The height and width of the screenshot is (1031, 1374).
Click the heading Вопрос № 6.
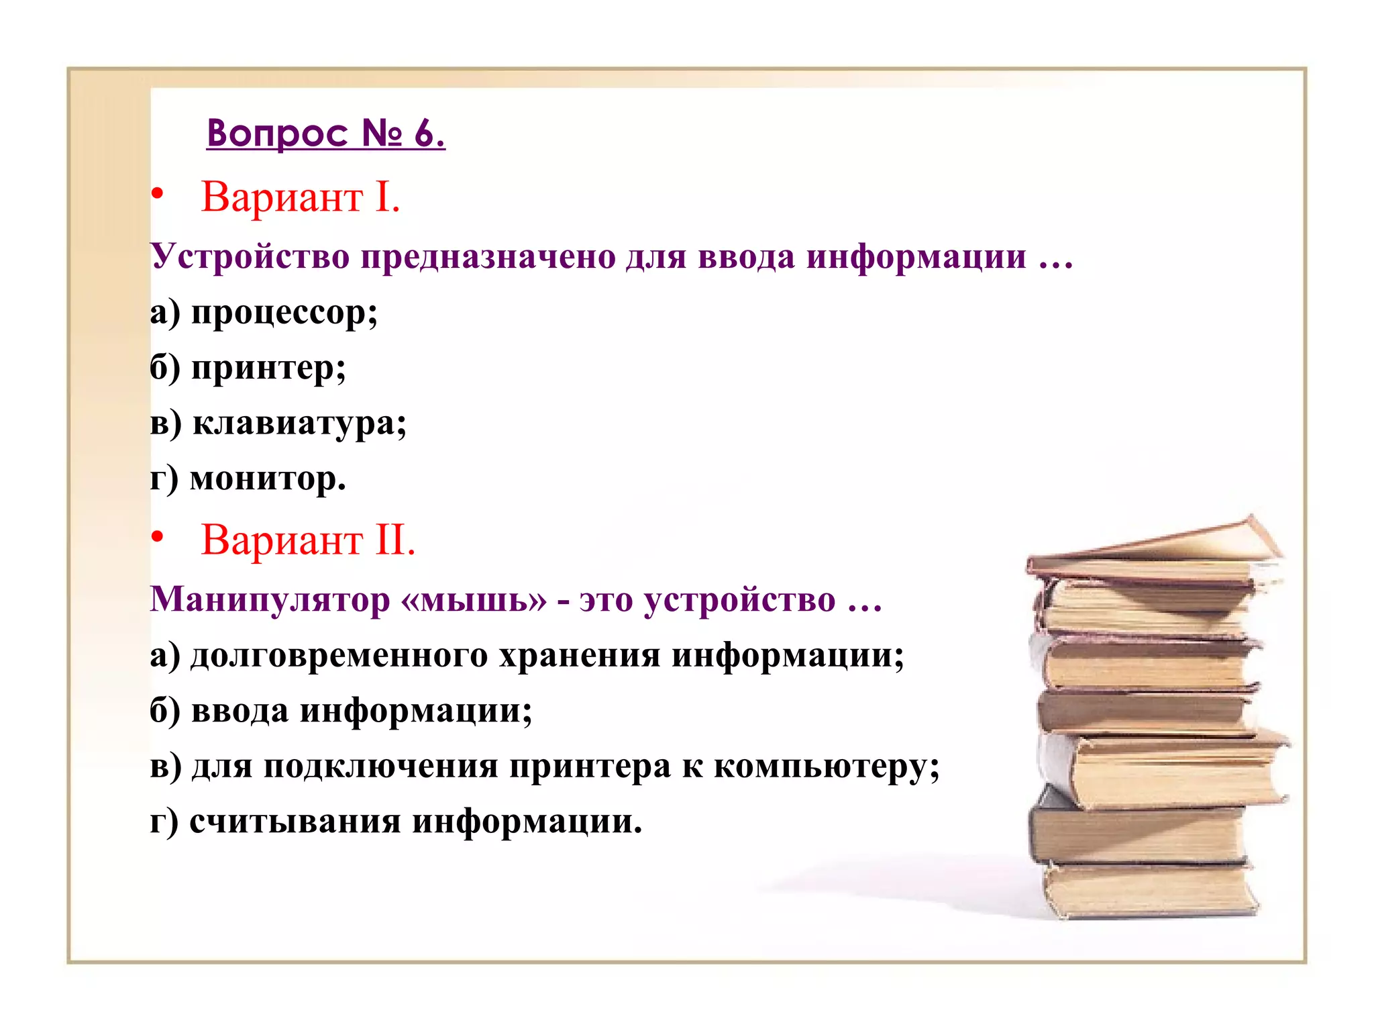click(x=325, y=133)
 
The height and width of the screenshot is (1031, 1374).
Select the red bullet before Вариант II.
click(x=157, y=537)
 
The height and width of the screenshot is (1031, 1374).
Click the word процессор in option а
click(x=284, y=313)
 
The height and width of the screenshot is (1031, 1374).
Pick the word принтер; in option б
click(x=268, y=369)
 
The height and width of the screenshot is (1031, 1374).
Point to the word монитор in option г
click(x=268, y=479)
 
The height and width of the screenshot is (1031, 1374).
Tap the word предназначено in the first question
click(x=488, y=257)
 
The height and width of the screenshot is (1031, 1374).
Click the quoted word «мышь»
click(x=473, y=599)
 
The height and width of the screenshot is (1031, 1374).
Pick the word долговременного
click(x=339, y=656)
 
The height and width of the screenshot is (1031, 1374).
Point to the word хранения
click(x=580, y=656)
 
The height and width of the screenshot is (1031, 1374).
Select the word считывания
click(x=295, y=822)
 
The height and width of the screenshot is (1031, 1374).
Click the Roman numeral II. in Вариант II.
click(x=395, y=540)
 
